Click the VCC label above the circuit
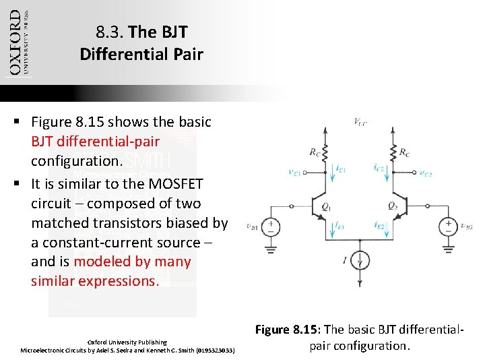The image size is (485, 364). click(360, 122)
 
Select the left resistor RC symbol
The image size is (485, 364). click(325, 152)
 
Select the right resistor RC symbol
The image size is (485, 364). click(393, 152)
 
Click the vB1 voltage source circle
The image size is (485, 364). click(271, 226)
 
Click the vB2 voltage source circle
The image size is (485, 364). click(447, 226)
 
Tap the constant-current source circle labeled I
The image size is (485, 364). click(359, 260)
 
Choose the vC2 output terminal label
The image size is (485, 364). click(426, 173)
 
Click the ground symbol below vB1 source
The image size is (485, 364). click(271, 249)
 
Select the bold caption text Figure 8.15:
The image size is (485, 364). click(288, 330)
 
